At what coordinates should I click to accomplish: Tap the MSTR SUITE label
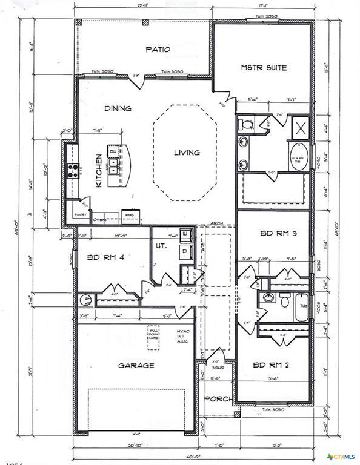click(264, 67)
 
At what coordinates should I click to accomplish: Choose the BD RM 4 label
click(105, 257)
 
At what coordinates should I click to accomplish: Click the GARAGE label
click(136, 365)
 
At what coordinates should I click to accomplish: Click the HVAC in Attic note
click(184, 337)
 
